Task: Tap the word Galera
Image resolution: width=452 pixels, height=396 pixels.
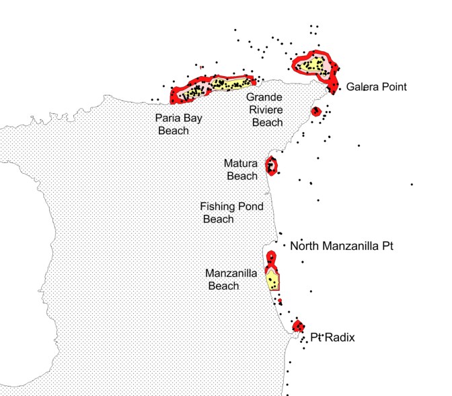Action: click(x=363, y=87)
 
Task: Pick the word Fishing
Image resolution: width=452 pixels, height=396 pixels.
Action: click(x=219, y=207)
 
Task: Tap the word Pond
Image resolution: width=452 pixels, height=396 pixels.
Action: click(x=250, y=207)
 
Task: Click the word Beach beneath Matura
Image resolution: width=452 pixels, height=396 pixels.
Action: click(x=242, y=176)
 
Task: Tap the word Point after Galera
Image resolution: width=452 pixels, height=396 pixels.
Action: click(x=393, y=87)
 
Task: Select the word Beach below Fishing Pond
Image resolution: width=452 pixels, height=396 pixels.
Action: click(x=219, y=219)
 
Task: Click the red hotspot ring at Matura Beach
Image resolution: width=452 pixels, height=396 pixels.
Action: click(x=272, y=165)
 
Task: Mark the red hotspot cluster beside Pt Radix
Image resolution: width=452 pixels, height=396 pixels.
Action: click(x=299, y=326)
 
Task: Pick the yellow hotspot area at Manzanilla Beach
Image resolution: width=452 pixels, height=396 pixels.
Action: click(x=272, y=280)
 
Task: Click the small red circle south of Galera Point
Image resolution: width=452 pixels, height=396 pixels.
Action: click(x=315, y=111)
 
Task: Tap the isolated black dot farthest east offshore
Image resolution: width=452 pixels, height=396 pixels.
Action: click(x=412, y=184)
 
